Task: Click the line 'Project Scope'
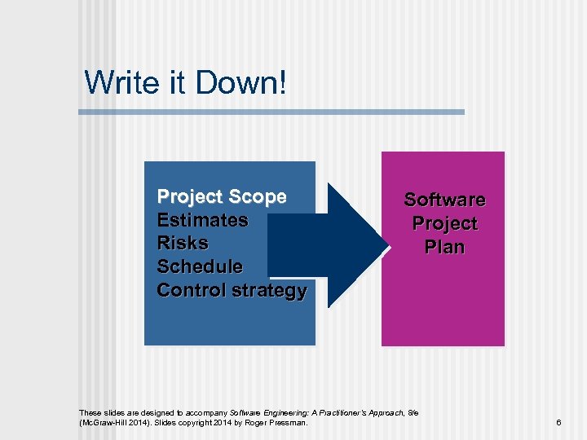(222, 196)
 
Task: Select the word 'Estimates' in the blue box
(202, 220)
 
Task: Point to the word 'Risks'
(183, 243)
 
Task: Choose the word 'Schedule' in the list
(200, 266)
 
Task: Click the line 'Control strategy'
(232, 290)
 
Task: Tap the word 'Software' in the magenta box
(444, 200)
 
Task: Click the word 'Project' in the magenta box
(444, 223)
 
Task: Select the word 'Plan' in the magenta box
(444, 247)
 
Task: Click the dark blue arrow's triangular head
(359, 244)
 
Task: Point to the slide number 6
(558, 423)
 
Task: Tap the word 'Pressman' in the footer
(289, 423)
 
